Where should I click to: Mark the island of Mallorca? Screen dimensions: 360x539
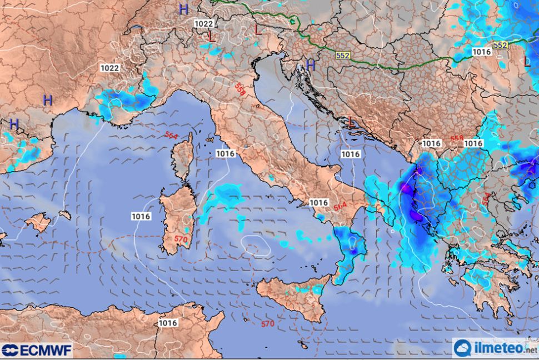click(x=38, y=222)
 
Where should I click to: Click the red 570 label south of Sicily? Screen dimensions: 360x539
click(x=267, y=324)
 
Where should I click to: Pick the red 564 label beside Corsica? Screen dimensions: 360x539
click(x=171, y=134)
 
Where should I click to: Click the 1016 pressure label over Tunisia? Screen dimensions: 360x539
click(x=167, y=323)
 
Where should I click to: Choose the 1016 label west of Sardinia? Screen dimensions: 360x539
click(x=141, y=216)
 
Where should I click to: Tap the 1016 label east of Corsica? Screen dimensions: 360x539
click(x=224, y=153)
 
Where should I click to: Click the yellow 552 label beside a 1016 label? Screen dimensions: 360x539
click(x=500, y=45)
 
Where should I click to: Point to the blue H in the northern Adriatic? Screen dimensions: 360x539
click(x=311, y=65)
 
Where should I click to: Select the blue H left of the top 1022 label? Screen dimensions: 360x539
click(x=184, y=9)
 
